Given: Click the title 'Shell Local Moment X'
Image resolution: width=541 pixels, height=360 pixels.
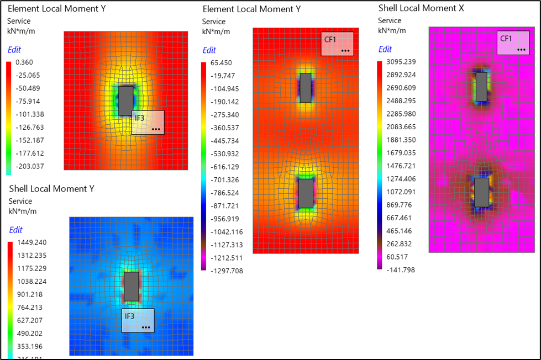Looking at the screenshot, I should tap(421, 8).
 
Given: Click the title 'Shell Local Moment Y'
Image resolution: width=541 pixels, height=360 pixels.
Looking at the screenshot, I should tap(51, 189).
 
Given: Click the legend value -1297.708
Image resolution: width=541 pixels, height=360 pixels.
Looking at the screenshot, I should tap(224, 271).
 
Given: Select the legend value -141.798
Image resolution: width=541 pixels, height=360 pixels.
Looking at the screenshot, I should tap(400, 269).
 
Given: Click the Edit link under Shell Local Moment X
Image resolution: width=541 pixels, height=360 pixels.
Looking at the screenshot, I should tap(385, 49).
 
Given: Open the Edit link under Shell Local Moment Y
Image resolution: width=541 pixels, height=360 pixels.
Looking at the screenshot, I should tap(15, 230).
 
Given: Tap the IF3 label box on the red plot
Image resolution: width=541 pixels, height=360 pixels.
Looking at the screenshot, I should tap(148, 122).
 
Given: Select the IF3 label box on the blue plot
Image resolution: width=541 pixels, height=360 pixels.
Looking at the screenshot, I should tap(138, 320).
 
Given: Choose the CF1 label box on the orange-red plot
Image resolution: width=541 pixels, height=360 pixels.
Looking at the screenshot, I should tap(337, 44).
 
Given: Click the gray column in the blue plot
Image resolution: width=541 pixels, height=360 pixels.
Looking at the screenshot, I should tap(131, 287).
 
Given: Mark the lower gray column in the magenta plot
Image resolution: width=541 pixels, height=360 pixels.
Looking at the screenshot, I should tap(481, 192).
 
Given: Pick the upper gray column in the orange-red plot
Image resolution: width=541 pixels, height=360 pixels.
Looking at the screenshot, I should tap(305, 87).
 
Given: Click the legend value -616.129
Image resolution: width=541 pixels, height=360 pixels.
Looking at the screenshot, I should tap(222, 167).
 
